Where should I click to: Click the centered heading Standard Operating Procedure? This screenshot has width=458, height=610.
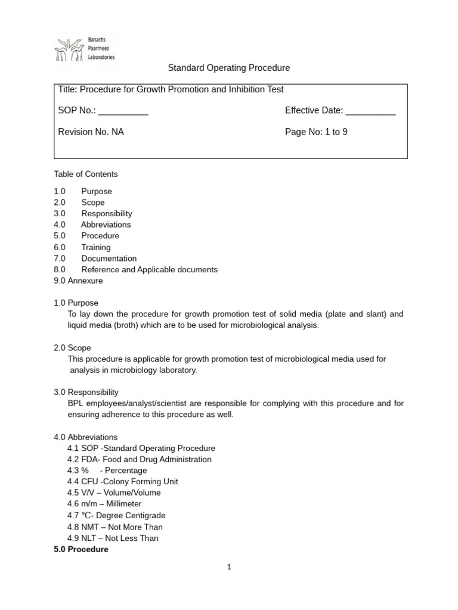click(x=229, y=68)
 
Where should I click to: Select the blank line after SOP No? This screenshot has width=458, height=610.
click(x=123, y=111)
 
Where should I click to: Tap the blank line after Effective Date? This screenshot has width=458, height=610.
click(x=370, y=111)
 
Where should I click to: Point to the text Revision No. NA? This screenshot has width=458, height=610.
click(x=91, y=132)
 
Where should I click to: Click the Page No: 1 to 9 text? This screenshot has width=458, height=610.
click(x=316, y=132)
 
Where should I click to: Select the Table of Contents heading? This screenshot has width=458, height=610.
click(x=86, y=174)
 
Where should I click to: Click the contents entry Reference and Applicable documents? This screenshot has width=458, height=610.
click(x=149, y=269)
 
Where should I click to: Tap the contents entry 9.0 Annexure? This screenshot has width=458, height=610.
click(x=78, y=281)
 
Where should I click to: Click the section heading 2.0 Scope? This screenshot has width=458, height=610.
click(x=72, y=348)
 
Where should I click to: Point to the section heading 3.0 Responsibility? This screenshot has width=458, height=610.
click(x=86, y=392)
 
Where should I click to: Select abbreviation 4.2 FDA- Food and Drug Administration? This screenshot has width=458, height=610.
click(x=140, y=459)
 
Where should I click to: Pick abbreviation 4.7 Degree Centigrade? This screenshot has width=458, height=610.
click(x=116, y=515)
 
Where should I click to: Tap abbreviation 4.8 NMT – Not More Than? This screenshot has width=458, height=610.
click(x=115, y=527)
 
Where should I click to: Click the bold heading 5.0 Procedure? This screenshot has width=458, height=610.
click(x=81, y=549)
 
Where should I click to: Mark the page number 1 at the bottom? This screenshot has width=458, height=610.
click(x=228, y=567)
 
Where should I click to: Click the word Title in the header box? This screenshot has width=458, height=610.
click(x=67, y=89)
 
